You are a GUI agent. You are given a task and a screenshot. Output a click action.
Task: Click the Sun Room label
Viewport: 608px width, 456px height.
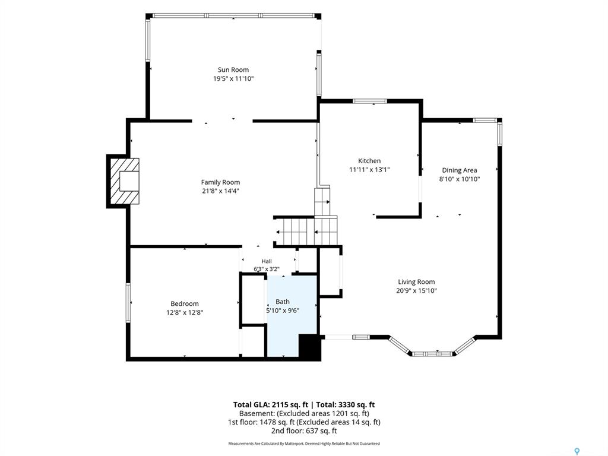click(233, 70)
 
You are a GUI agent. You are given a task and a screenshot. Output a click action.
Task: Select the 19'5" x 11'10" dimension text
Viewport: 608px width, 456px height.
click(233, 79)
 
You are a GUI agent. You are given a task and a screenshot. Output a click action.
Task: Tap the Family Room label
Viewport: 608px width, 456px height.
click(220, 182)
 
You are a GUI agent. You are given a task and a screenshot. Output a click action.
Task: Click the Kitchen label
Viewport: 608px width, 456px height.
click(369, 160)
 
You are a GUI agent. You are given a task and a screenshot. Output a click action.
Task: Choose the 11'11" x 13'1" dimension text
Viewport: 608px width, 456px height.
click(369, 169)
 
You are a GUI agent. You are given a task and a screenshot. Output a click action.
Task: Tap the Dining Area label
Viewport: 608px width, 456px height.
click(460, 170)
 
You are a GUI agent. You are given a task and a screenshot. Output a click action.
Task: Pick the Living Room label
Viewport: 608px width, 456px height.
click(416, 282)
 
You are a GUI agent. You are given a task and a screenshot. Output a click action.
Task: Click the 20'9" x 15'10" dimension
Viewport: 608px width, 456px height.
click(416, 291)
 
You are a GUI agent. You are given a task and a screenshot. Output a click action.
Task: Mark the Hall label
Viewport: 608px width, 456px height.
click(267, 261)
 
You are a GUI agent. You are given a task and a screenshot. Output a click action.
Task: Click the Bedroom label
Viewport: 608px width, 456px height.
click(185, 303)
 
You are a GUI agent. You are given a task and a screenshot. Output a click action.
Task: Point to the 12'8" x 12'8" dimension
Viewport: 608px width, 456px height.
click(185, 312)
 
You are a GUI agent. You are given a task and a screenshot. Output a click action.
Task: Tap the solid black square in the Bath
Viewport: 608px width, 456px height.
click(309, 346)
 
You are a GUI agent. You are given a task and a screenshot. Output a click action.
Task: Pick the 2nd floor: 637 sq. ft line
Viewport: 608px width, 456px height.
click(304, 431)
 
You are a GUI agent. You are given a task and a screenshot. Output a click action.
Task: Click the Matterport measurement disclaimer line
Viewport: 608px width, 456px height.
click(304, 444)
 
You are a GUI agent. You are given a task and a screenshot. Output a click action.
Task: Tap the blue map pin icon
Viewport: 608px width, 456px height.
click(577, 451)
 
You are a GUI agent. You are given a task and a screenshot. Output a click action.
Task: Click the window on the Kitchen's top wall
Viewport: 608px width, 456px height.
click(369, 101)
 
